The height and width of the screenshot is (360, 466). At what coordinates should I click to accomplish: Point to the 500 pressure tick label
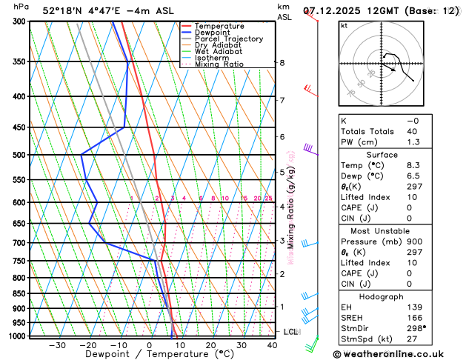(x=19, y=155)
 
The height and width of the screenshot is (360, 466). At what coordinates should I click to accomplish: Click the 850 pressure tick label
(x=19, y=293)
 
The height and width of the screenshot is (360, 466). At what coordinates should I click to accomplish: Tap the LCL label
(x=290, y=332)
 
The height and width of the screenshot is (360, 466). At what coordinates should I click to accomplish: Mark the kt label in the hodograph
(x=344, y=25)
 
